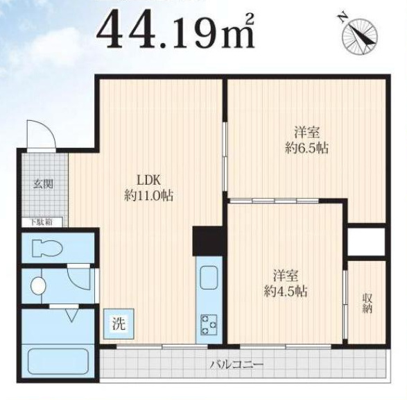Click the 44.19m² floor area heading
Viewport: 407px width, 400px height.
coord(176,31)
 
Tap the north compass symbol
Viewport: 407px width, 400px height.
coord(359,35)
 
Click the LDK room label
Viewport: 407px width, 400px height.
coord(149,180)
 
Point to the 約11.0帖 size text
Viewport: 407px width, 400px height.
coord(149,195)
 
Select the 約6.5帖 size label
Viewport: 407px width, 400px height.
coord(306,148)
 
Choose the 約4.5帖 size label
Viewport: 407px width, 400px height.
coord(286,291)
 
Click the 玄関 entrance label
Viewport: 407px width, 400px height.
coord(44,184)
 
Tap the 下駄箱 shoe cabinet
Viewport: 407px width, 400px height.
coord(42,222)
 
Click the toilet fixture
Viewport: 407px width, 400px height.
coord(47,249)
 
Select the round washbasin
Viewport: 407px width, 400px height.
coord(38,286)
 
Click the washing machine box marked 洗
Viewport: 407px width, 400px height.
coord(119,324)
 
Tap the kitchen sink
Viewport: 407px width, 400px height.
coord(209,278)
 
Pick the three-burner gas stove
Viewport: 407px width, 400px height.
coord(209,324)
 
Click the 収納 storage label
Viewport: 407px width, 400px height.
coord(367,303)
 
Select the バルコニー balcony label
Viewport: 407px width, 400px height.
coord(236,364)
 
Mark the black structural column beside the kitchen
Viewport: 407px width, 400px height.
coord(207,241)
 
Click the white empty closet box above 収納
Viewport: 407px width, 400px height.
coord(366,242)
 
